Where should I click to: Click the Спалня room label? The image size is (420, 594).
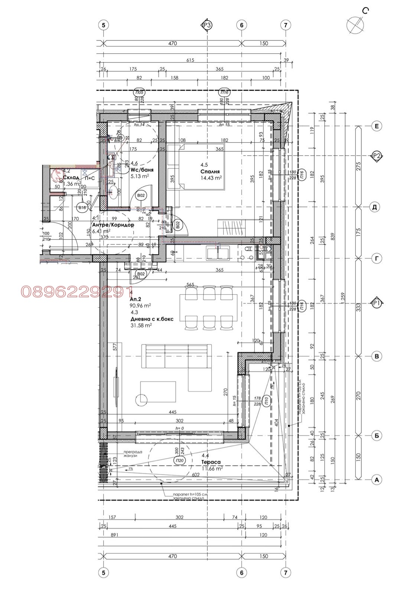[210, 172]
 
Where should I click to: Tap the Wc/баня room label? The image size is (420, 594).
[142, 170]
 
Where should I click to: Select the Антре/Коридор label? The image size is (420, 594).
[113, 225]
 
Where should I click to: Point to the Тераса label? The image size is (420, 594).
[211, 462]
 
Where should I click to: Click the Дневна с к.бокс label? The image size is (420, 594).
[152, 319]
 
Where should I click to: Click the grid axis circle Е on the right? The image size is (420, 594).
[377, 127]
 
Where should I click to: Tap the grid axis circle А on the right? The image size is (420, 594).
[377, 480]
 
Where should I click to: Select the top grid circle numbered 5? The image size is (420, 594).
[103, 25]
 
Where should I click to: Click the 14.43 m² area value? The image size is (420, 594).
[211, 178]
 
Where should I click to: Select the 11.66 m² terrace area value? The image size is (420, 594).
[212, 469]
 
